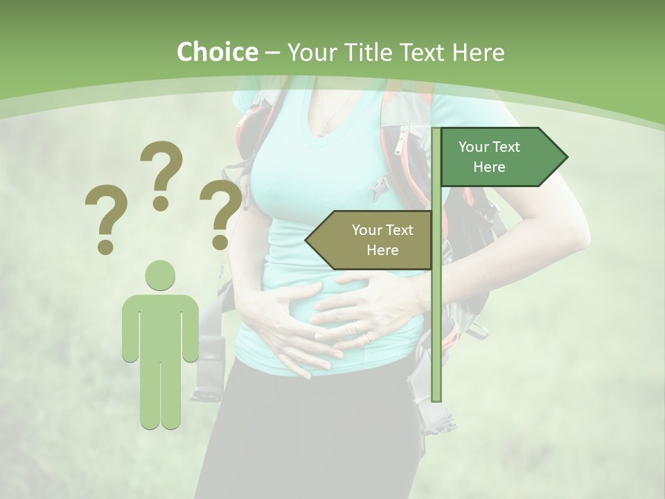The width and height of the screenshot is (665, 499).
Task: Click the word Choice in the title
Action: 217,52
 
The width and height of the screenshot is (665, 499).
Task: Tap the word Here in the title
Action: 478,52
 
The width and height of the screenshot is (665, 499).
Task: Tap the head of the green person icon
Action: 160,275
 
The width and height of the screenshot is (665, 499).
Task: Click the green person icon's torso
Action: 160,326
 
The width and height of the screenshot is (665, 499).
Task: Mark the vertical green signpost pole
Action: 436,312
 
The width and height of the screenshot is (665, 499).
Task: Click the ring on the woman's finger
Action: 367,337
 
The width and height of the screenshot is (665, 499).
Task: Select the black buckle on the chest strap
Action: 378,188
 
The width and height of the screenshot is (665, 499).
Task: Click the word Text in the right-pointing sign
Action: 506,147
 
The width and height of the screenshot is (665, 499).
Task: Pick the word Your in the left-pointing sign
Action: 366,230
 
